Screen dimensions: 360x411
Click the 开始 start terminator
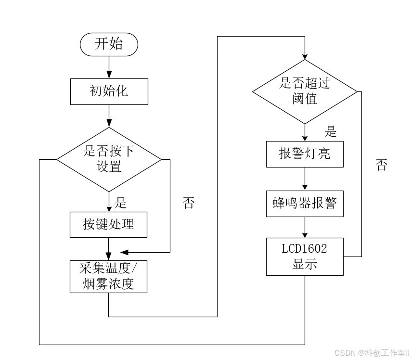[109, 45]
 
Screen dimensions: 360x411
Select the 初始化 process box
[109, 91]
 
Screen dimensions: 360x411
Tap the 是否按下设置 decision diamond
[109, 159]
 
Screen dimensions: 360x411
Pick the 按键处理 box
[108, 224]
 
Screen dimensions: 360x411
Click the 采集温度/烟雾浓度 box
[108, 276]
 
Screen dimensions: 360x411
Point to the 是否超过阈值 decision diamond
[305, 91]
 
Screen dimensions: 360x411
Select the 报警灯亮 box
[305, 154]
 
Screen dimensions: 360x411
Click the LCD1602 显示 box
[305, 257]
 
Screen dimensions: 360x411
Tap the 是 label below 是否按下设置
[120, 203]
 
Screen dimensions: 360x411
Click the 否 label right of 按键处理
[189, 204]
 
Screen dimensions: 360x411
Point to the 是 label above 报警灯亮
[331, 131]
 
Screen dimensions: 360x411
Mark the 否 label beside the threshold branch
[381, 166]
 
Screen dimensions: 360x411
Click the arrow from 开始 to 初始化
[109, 67]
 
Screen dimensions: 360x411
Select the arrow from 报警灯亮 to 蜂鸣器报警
[305, 179]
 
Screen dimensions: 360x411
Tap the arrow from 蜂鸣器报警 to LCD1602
[305, 227]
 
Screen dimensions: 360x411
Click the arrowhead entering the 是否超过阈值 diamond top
[305, 56]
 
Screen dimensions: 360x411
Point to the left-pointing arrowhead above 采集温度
[124, 252]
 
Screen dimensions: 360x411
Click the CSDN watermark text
[371, 353]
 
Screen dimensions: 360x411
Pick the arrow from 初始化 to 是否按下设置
[109, 116]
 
